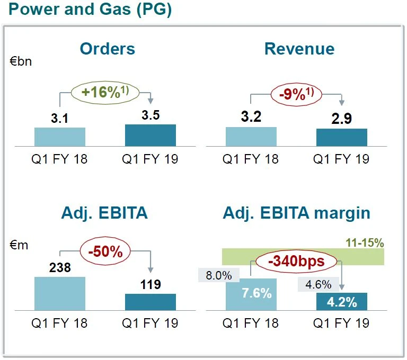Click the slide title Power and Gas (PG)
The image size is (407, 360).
(x=87, y=10)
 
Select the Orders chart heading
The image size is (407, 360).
(x=108, y=49)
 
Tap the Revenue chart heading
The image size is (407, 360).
(x=299, y=49)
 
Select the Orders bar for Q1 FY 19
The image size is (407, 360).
(x=151, y=135)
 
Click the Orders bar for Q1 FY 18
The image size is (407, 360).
(x=60, y=137)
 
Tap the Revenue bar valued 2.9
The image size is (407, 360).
(x=341, y=137)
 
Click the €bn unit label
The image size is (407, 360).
(x=21, y=61)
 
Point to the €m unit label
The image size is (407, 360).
(x=19, y=245)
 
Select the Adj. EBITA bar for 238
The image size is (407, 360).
(x=60, y=293)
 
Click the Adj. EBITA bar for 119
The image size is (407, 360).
(x=151, y=302)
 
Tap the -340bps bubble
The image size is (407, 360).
(x=297, y=261)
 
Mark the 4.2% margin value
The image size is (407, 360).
(x=341, y=302)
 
